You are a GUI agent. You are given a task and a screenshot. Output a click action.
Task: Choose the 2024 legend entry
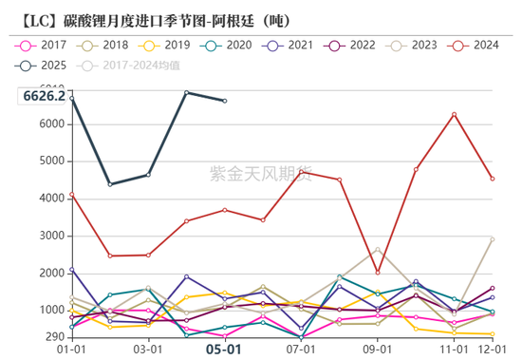point(476,45)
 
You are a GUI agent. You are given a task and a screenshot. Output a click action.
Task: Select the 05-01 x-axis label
point(225,351)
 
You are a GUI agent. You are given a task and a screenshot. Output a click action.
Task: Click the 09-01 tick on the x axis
point(378,351)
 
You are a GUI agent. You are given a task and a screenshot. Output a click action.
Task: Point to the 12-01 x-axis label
point(492,351)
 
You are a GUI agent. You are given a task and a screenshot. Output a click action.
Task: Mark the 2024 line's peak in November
point(455,114)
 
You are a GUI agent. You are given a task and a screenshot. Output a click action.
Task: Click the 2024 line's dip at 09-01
point(378,273)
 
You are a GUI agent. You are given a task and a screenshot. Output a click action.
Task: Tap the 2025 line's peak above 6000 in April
point(186,92)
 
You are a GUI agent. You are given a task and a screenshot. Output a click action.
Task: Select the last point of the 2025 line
point(225,101)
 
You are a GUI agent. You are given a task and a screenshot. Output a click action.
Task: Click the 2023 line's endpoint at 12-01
point(493,238)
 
